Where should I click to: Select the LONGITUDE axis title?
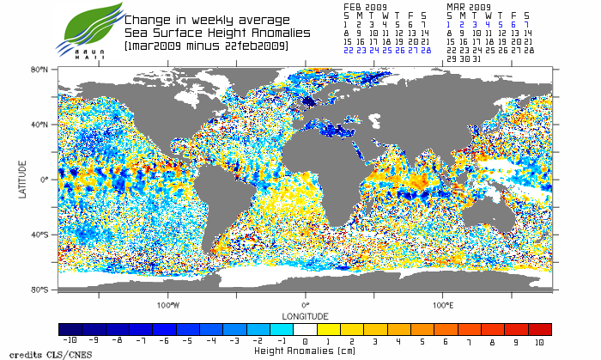[305, 314]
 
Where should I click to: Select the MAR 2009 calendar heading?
[467, 6]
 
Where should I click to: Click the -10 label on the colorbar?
[63, 341]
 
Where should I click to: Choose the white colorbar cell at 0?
[305, 329]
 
